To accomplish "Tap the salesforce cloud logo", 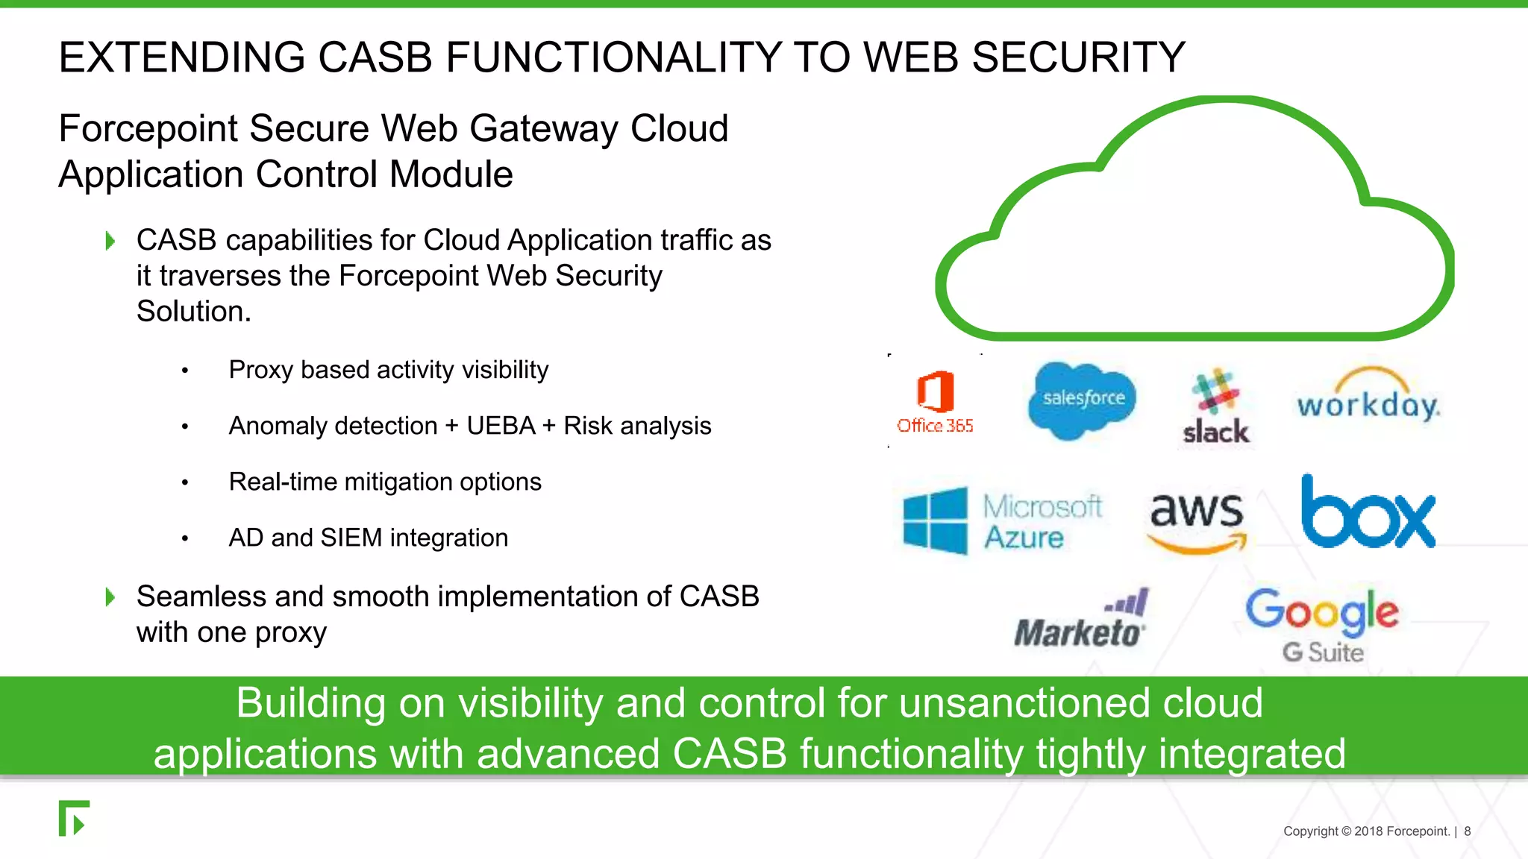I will [1083, 399].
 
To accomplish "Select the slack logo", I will [1215, 407].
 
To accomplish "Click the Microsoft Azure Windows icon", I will [935, 520].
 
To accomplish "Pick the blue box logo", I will [1368, 513].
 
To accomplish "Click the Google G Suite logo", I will [1322, 625].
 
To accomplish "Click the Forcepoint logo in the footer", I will [74, 819].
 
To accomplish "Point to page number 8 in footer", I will [1467, 831].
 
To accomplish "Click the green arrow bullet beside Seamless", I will [110, 597].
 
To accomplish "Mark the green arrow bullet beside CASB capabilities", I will [110, 241].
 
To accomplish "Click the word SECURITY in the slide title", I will [1078, 57].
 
